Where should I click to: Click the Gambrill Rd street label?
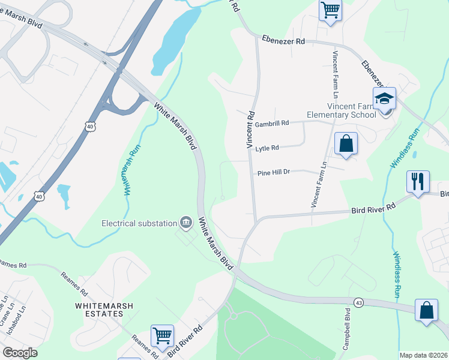pos(271,123)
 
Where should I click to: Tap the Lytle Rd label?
pos(267,148)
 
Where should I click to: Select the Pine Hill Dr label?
pos(274,172)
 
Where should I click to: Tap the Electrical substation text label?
pos(139,223)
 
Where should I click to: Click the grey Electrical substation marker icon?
pos(186,223)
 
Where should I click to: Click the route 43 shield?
pos(358,302)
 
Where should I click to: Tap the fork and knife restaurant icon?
pos(418,181)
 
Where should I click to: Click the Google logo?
pos(20,353)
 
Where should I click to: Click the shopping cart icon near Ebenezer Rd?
pos(331,10)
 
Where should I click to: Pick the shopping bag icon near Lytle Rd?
pos(346,143)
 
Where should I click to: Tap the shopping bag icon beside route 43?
pos(426,311)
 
